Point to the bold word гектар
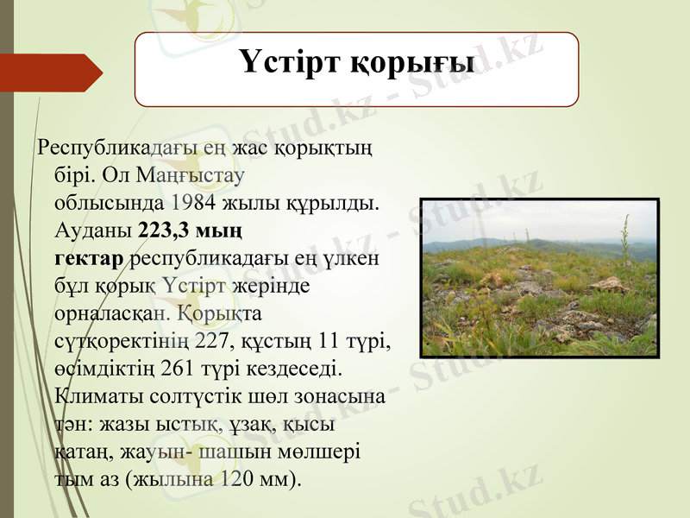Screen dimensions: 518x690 tap(89, 258)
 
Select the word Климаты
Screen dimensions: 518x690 tap(92, 398)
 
